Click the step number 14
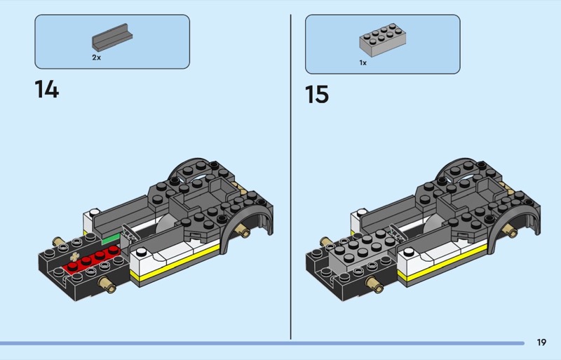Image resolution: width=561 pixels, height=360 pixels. coord(47,89)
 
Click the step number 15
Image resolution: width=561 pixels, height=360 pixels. coord(317,95)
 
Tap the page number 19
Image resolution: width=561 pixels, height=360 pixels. coord(541,342)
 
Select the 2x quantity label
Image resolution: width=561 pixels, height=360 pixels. coord(96,58)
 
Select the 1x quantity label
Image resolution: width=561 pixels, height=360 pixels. coord(363,62)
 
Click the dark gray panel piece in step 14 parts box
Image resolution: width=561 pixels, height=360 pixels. coord(112,37)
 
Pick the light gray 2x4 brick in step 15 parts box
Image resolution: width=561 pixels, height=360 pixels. coord(382,39)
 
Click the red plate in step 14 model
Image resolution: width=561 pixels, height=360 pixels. coord(92,260)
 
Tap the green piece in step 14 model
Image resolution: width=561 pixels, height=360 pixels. coord(111,239)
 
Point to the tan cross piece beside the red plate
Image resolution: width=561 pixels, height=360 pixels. coord(74,256)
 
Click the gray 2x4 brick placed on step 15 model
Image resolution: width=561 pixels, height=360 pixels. coord(363,250)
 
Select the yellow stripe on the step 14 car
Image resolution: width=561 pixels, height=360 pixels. coord(175,262)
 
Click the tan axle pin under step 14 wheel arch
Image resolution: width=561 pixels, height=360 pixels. coord(244,231)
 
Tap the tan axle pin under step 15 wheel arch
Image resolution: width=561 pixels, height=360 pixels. coord(512,231)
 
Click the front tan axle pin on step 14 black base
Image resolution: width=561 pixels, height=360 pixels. coord(107,285)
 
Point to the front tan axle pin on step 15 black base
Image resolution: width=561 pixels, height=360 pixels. coord(374,285)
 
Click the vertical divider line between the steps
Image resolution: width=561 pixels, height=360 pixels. coord(290,177)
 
